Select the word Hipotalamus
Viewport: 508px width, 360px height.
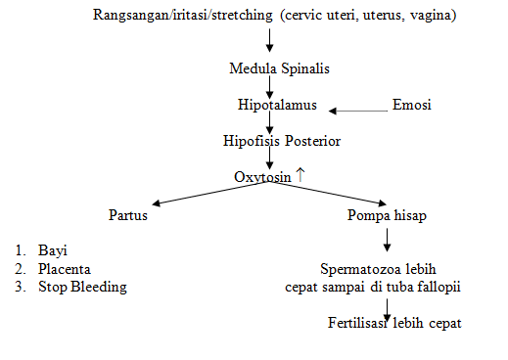pyautogui.click(x=278, y=105)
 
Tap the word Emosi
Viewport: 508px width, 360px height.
pyautogui.click(x=411, y=105)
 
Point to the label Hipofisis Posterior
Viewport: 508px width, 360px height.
pyautogui.click(x=282, y=141)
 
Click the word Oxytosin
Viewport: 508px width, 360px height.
pyautogui.click(x=263, y=177)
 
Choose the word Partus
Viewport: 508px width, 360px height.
pyautogui.click(x=127, y=214)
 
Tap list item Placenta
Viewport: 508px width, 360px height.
pyautogui.click(x=65, y=269)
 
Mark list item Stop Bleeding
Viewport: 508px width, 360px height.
pyautogui.click(x=82, y=287)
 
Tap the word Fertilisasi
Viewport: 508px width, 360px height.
pyautogui.click(x=358, y=323)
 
